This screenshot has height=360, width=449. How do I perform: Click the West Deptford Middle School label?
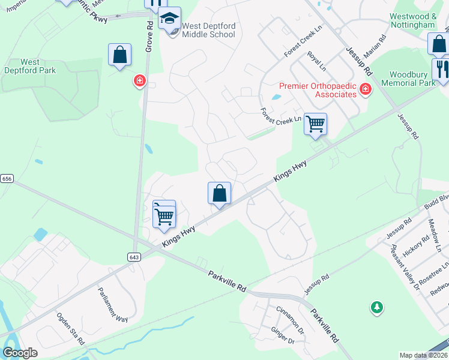(x=208, y=30)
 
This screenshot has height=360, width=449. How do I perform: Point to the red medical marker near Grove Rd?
(x=140, y=80)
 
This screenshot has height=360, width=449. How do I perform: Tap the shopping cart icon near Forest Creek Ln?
(x=315, y=124)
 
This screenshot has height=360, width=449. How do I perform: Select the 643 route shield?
(x=134, y=257)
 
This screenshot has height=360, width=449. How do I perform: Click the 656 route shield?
(x=7, y=179)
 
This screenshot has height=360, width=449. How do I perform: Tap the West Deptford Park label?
(x=38, y=66)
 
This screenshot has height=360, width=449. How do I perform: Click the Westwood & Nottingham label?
(x=412, y=20)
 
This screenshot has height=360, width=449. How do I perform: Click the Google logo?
(x=20, y=353)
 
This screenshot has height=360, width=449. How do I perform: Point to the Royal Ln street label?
(x=316, y=59)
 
